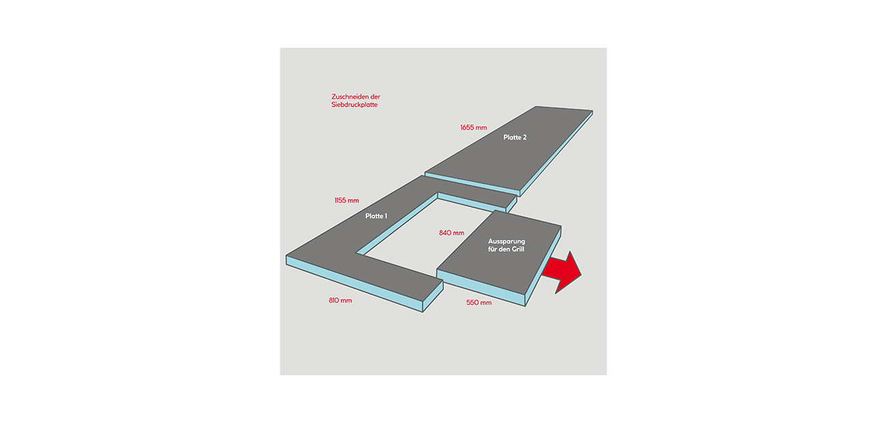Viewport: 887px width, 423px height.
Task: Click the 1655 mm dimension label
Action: point(474,128)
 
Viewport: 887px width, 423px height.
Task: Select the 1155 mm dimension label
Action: point(346,201)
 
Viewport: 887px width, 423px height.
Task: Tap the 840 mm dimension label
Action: point(451,233)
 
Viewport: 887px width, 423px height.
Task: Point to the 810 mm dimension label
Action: point(340,300)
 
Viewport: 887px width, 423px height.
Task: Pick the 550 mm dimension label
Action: point(479,302)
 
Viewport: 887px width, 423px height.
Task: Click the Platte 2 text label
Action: point(515,137)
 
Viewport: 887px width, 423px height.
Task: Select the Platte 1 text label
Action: point(376,216)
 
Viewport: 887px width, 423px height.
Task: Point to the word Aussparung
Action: point(506,242)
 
